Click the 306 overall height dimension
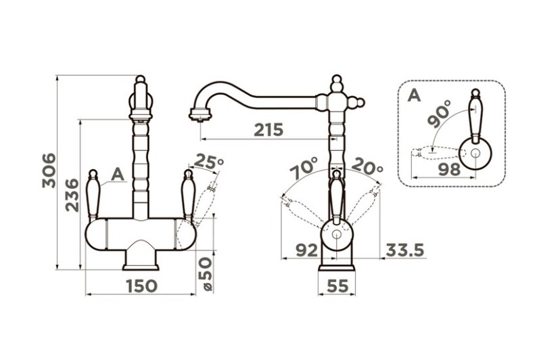click(49, 171)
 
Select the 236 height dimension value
click(72, 195)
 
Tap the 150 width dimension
click(141, 286)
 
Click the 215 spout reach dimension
click(268, 130)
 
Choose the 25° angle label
click(208, 162)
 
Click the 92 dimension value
click(307, 250)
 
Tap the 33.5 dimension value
click(404, 250)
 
